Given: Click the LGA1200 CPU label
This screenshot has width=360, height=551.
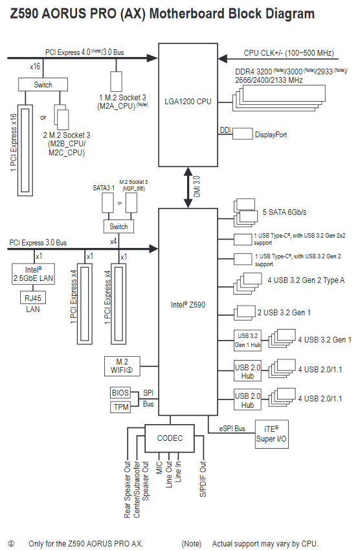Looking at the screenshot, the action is coord(188,102).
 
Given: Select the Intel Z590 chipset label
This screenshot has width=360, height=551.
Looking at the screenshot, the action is coord(188,305).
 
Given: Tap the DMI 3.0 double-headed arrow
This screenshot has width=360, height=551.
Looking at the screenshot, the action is coord(188,187).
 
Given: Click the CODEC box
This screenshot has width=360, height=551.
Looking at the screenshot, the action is coord(170,438).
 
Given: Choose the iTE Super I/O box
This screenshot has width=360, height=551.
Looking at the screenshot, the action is coord(271,434).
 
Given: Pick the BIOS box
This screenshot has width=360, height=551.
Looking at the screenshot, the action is coord(120,392).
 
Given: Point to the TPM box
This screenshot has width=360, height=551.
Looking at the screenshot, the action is coord(120,407).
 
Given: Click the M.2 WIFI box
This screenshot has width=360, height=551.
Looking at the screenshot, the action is coord(122,366).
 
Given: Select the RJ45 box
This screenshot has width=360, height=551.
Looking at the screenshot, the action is coord(32,298).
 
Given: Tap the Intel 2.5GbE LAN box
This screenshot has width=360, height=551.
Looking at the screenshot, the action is coord(34,274).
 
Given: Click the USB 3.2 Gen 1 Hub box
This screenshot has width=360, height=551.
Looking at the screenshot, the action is coord(247,340).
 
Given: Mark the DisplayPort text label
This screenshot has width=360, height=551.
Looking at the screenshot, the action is coord(271,135).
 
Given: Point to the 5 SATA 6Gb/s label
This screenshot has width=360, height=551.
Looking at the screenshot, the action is coord(284,212).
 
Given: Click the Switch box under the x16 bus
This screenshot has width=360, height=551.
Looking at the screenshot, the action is coord(43,84).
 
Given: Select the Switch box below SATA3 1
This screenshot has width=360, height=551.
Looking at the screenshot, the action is coord(118,227).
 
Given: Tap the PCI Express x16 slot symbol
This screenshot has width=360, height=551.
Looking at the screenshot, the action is coord(25,150).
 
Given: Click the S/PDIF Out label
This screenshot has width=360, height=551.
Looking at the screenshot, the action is coord(203,478).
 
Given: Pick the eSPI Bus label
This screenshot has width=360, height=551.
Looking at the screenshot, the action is coord(232,429).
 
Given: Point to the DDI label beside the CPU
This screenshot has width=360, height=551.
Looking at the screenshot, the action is coord(225,130).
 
